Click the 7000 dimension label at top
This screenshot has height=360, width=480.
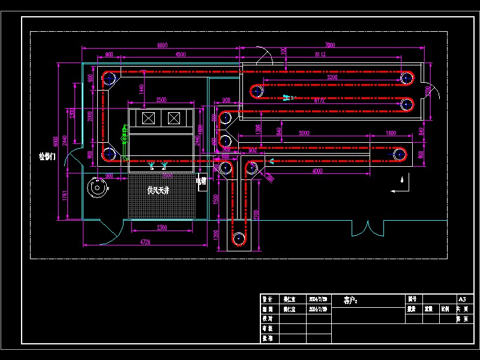pyautogui.click(x=330, y=45)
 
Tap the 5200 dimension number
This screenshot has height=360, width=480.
pyautogui.click(x=332, y=77)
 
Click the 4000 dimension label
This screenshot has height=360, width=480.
pyautogui.click(x=317, y=172)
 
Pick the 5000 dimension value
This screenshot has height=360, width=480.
pyautogui.click(x=304, y=133)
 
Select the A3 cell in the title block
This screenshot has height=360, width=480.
pyautogui.click(x=461, y=299)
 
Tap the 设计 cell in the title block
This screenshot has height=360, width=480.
pyautogui.click(x=268, y=299)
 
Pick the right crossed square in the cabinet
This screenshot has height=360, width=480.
pyautogui.click(x=175, y=118)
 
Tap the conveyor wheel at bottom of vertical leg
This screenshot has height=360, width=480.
pyautogui.click(x=239, y=239)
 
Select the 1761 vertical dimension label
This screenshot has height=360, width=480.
pyautogui.click(x=65, y=196)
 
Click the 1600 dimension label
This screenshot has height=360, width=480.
pyautogui.click(x=391, y=133)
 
